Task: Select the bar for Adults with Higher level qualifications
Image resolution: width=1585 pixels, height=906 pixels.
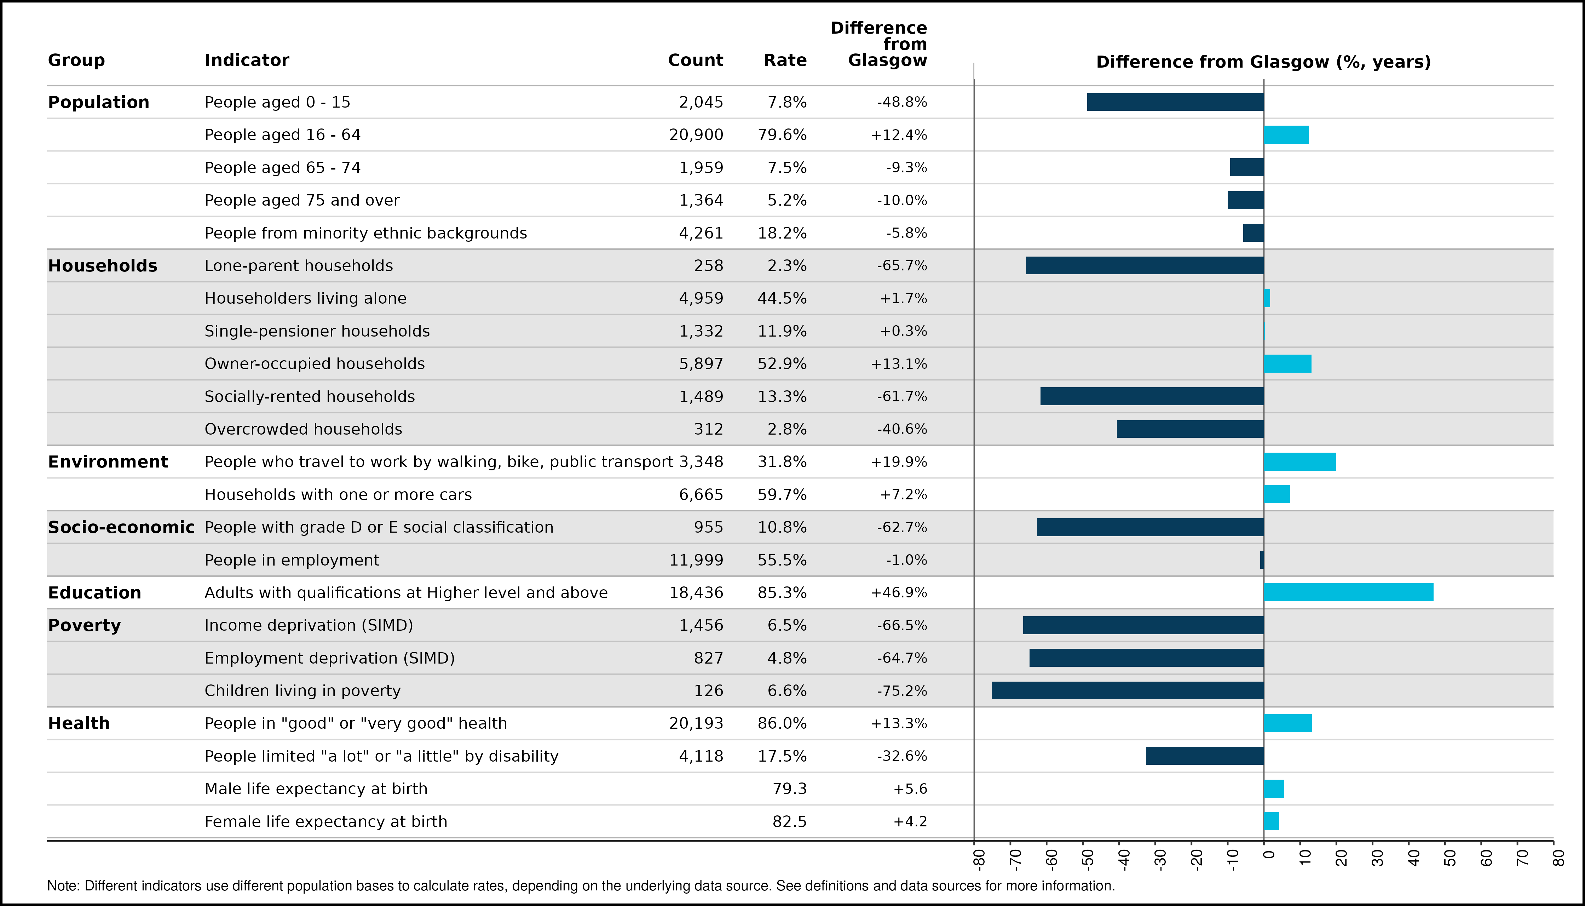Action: tap(1349, 592)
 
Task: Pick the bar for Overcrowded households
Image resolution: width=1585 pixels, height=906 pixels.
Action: tap(1190, 429)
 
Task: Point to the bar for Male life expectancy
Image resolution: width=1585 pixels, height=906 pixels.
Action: tap(1274, 789)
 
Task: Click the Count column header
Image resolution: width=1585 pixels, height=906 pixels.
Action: tap(696, 61)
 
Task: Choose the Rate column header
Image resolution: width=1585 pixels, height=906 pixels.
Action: tap(785, 61)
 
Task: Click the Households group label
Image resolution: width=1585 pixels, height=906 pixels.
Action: tap(103, 266)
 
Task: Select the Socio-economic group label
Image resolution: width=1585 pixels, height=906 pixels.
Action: tap(121, 527)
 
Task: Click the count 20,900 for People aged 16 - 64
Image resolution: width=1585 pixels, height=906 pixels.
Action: tap(696, 135)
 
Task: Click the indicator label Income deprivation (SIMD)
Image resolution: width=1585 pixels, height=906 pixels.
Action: tap(309, 625)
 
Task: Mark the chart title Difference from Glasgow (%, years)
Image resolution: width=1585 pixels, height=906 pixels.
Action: tap(1263, 62)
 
